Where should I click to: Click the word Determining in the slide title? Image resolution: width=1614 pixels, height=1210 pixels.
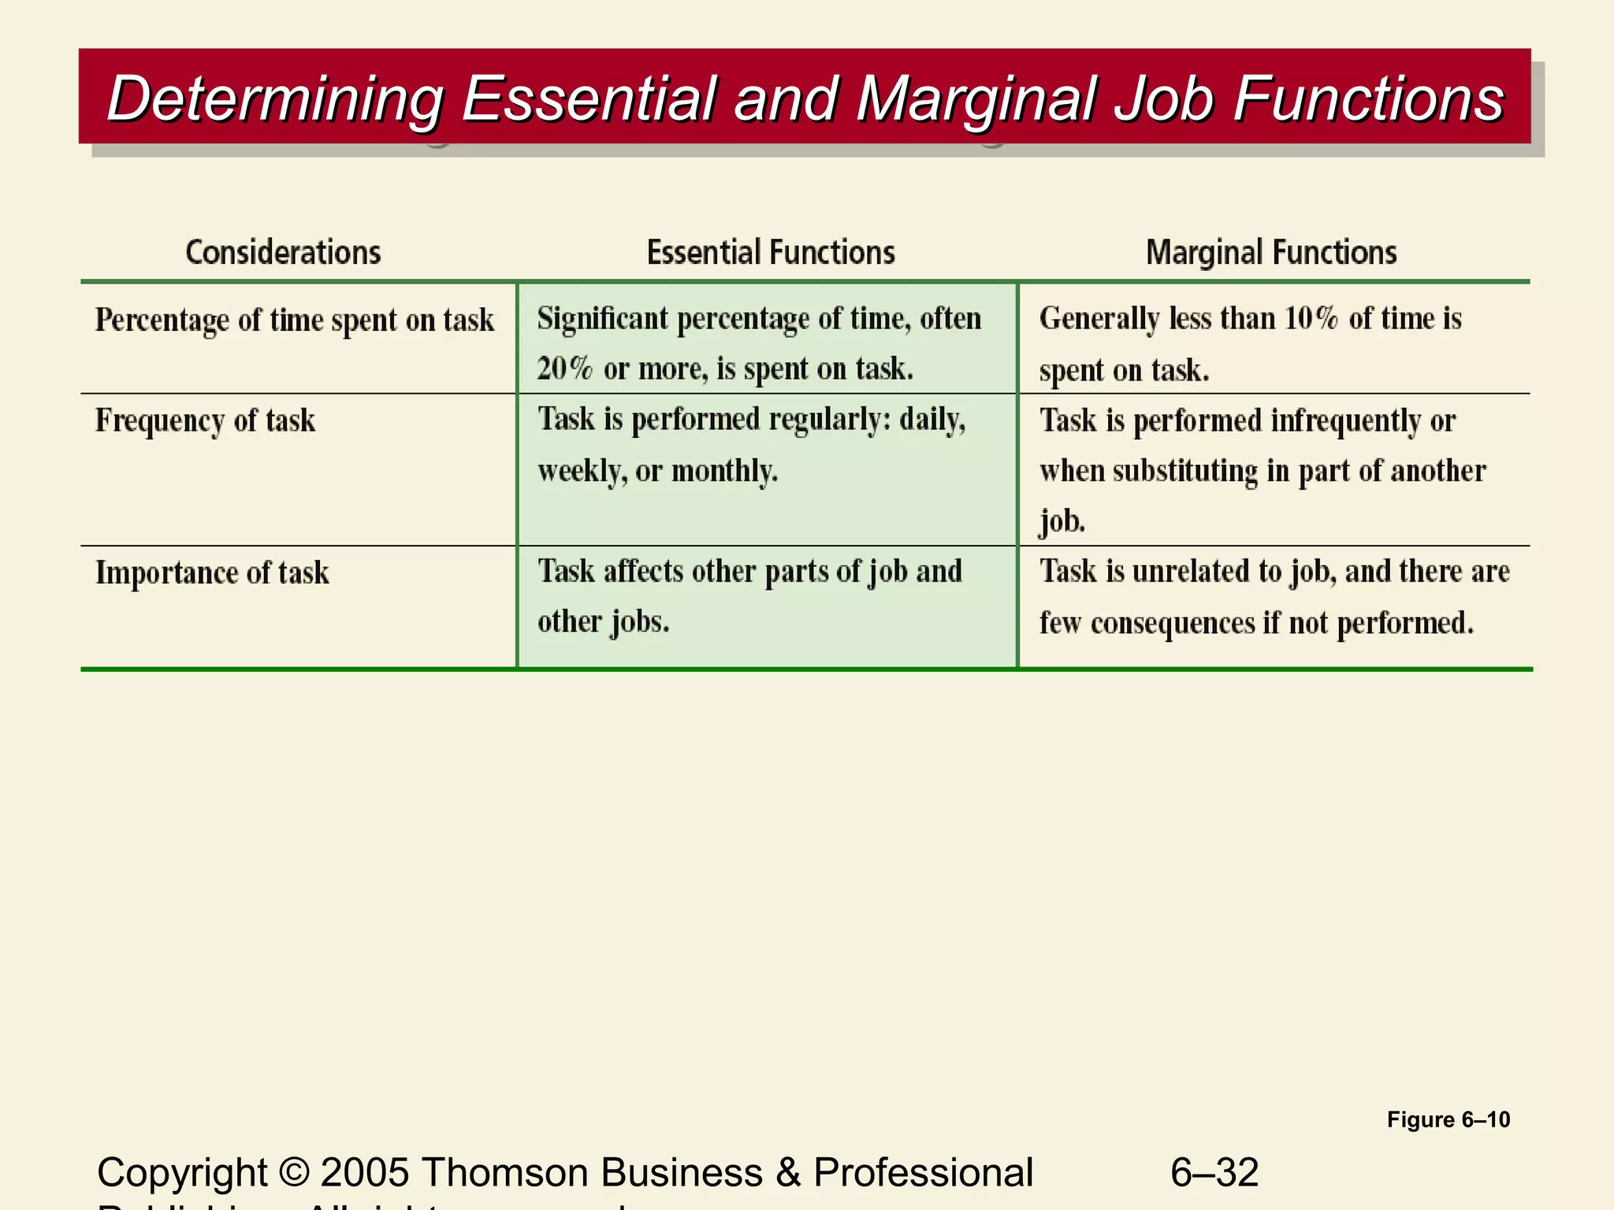pos(275,98)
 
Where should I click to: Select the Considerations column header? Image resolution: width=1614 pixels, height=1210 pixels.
pos(283,253)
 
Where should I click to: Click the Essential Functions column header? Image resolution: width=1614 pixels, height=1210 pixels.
pos(771,253)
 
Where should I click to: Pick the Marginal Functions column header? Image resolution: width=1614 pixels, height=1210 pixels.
pos(1271,253)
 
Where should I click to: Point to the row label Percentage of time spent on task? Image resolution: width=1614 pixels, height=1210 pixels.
pos(295,321)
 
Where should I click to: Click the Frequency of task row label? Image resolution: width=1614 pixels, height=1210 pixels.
pos(205,421)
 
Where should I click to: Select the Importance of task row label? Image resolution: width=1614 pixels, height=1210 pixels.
pos(212,573)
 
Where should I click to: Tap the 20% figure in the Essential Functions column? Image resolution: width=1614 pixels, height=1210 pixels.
pos(564,369)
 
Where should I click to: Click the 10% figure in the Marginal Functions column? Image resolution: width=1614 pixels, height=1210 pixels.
pos(1311,319)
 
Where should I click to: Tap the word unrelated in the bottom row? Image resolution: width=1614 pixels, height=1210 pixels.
pos(1198,571)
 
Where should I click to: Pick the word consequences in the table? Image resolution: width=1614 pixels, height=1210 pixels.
pos(1173,623)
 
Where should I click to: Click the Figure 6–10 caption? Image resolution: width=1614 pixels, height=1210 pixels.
pos(1448,1119)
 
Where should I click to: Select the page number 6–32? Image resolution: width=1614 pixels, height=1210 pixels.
pos(1214,1172)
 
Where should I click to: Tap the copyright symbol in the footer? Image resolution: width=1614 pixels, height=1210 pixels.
pos(294,1172)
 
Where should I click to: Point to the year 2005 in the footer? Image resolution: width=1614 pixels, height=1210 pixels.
pos(365,1172)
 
